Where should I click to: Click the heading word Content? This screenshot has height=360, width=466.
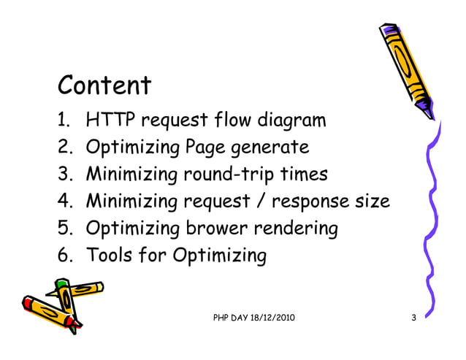click(x=104, y=85)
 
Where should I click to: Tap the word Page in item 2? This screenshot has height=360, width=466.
click(x=206, y=148)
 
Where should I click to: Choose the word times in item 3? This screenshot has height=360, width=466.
click(x=305, y=175)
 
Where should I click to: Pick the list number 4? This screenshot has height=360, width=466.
click(x=63, y=202)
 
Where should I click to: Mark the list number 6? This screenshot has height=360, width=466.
click(x=63, y=256)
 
